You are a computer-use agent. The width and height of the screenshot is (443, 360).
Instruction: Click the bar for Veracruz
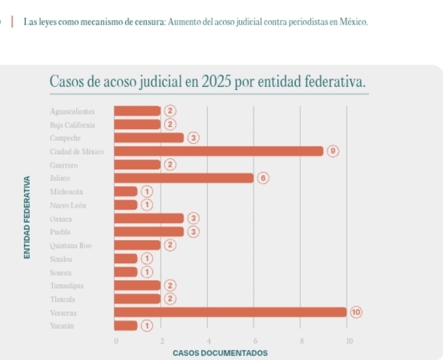tap(230, 312)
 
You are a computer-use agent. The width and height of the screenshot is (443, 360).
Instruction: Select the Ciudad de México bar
tap(218, 151)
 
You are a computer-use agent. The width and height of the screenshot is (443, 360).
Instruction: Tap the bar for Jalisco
tap(183, 178)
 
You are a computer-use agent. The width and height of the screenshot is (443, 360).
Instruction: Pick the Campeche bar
tap(148, 138)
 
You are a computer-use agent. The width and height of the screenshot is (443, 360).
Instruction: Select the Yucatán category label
tap(62, 326)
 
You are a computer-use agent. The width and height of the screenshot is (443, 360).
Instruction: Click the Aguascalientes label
tap(72, 111)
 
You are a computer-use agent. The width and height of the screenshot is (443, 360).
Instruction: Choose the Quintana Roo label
tap(71, 245)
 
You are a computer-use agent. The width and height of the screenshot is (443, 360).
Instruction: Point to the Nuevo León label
tap(68, 205)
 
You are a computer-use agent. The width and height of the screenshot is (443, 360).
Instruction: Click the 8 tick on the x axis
tap(301, 341)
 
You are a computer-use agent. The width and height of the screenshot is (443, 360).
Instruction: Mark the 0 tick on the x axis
tap(116, 341)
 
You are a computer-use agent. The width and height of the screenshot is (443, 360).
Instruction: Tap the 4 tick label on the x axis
tap(208, 341)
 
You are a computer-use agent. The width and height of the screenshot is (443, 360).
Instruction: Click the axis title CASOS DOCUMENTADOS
tap(220, 353)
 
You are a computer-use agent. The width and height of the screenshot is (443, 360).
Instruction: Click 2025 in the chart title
tap(216, 82)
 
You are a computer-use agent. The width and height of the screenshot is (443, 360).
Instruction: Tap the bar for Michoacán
tap(126, 192)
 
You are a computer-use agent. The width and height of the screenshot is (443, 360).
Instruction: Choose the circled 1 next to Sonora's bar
tap(146, 272)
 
